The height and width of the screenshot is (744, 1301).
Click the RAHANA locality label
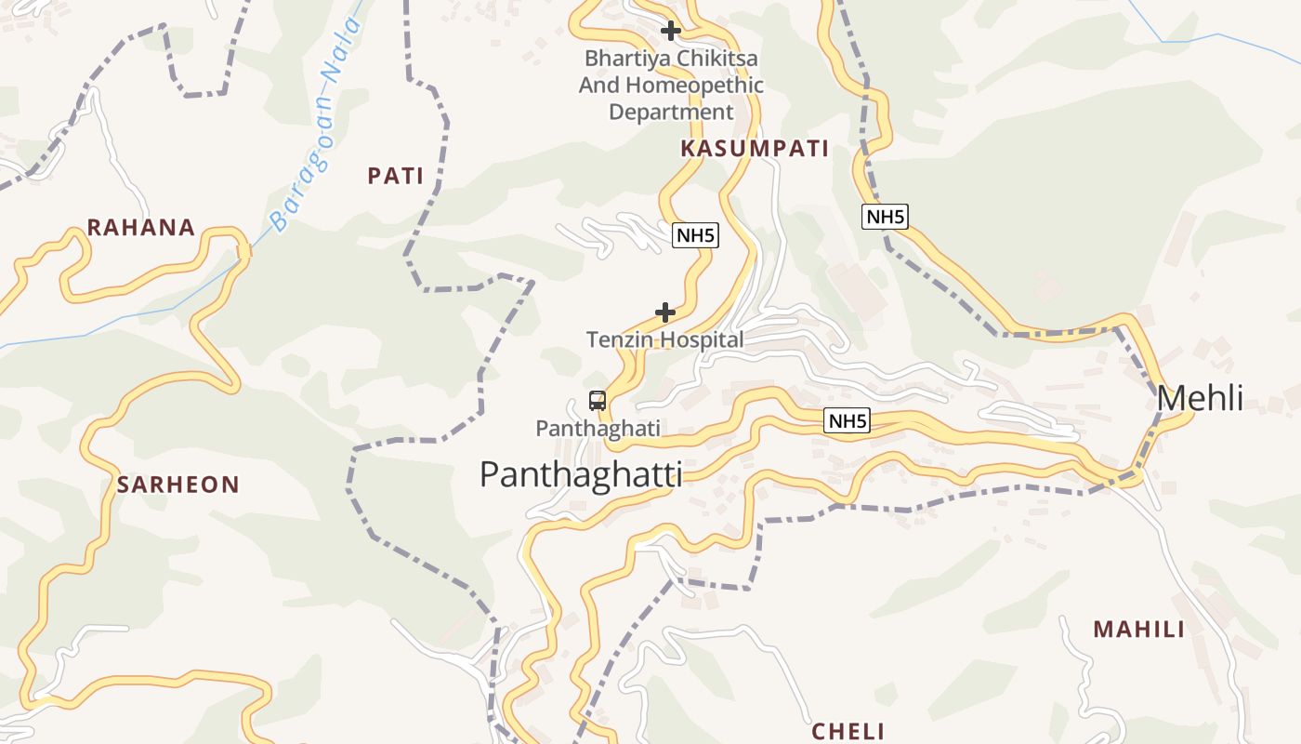pos(141,228)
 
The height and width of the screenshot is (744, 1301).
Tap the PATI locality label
pos(396,176)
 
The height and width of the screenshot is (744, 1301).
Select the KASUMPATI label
pos(755,149)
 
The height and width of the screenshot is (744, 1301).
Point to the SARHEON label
pos(178,485)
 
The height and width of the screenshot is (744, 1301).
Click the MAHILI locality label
pos(1139,630)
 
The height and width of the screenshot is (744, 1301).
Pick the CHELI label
pos(848,732)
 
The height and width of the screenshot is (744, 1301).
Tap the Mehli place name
pos(1200,398)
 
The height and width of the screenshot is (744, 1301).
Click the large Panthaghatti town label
pos(581,474)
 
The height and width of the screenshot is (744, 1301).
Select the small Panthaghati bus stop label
pos(598,429)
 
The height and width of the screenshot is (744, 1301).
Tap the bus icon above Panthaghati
pos(598,401)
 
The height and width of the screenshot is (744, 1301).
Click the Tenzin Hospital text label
pos(665,340)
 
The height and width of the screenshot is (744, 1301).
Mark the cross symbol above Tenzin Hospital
pos(665,312)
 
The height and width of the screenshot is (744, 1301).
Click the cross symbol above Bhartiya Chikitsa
pos(671,31)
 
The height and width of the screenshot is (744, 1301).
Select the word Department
pos(671,113)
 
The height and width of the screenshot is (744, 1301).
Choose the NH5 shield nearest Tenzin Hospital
pos(695,235)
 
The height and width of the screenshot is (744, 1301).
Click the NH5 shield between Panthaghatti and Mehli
pos(848,421)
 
